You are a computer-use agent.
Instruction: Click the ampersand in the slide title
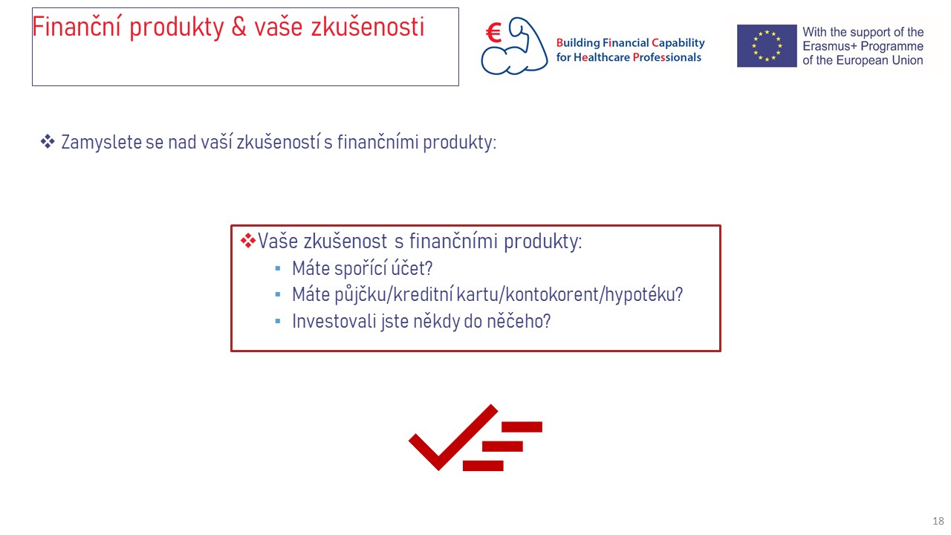pos(239,27)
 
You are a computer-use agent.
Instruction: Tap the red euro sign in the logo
pos(494,33)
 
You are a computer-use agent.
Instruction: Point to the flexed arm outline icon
pos(515,46)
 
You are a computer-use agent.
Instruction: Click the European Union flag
pos(767,46)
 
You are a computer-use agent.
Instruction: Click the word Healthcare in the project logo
pos(602,57)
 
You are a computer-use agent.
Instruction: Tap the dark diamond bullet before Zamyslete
pos(48,142)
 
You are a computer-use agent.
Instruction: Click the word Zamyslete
pos(102,142)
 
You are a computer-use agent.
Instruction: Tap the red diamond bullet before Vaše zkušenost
pos(248,241)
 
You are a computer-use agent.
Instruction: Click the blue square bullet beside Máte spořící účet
pos(278,268)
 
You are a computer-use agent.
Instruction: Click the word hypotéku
pos(643,295)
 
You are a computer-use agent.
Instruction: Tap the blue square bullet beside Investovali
pos(278,321)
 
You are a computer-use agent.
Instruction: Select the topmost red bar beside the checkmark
pos(522,427)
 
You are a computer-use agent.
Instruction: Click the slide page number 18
pos(938,521)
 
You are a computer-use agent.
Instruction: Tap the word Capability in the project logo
pos(678,43)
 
